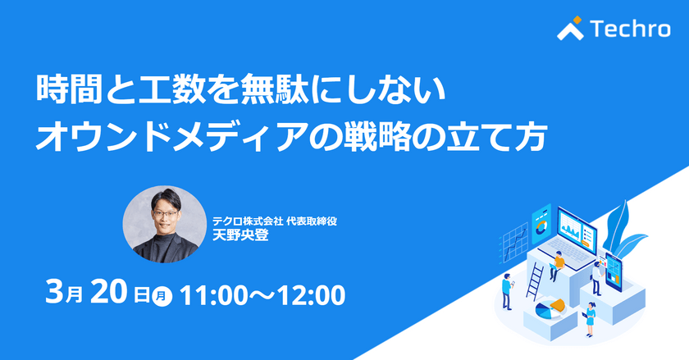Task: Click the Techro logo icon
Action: point(570,30)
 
